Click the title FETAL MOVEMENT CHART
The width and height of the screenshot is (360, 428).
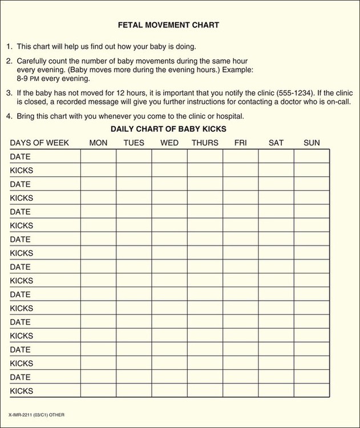(168, 25)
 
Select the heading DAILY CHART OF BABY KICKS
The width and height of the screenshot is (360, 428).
(168, 129)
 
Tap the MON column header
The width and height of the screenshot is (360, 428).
(98, 143)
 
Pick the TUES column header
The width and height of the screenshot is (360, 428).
(134, 143)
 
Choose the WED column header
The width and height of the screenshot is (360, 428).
(169, 143)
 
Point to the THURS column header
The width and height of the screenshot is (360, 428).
(205, 143)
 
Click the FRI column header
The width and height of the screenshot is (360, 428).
(240, 143)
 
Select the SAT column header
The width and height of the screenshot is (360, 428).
(276, 143)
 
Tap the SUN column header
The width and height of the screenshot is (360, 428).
(312, 143)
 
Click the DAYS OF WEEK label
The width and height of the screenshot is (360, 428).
(39, 143)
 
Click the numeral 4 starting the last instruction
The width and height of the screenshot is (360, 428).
(9, 116)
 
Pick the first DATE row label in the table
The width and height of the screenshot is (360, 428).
(21, 156)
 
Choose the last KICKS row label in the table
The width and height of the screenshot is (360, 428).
(22, 391)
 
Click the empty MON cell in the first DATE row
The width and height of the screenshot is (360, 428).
(98, 156)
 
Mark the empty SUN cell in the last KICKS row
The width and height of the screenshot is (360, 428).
(312, 391)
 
